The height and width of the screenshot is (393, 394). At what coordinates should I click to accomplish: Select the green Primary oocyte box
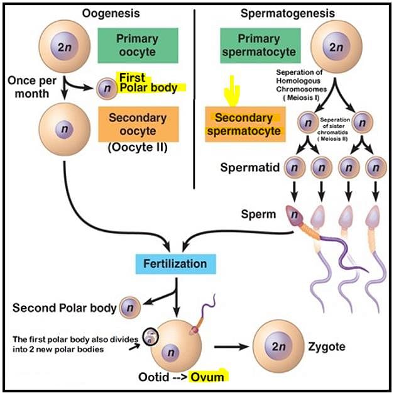click(x=137, y=44)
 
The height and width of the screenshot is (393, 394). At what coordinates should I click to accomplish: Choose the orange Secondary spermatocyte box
click(x=243, y=125)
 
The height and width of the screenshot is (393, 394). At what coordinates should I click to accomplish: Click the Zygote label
click(x=327, y=346)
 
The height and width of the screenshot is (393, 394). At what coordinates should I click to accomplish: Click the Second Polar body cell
click(x=130, y=308)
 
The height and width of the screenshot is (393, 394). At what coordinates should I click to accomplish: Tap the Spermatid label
click(x=251, y=168)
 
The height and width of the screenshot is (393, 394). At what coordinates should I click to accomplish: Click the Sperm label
click(x=258, y=214)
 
